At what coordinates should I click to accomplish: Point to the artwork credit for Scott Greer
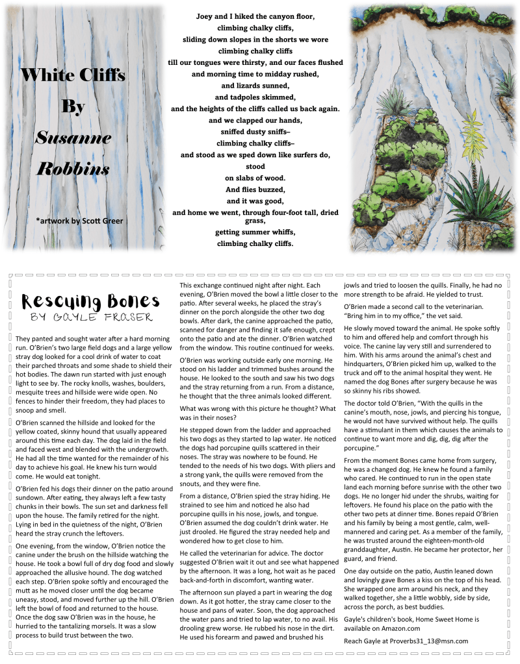(79, 221)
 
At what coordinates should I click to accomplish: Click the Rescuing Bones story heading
(90, 301)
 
